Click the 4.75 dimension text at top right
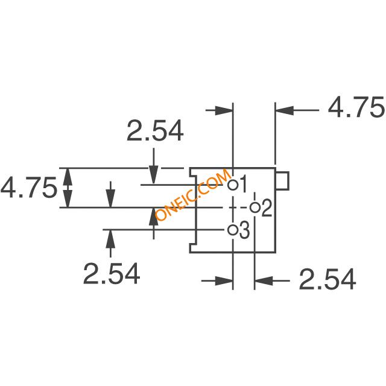[x=356, y=107]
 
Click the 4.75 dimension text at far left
[x=29, y=188]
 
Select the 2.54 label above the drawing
[x=155, y=130]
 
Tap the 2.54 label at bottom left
[x=112, y=273]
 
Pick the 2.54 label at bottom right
[x=327, y=279]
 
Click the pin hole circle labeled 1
[x=233, y=185]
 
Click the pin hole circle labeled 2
[x=255, y=207]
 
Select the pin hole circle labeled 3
[x=233, y=230]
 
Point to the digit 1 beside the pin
[x=242, y=184]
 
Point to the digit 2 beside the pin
[x=267, y=208]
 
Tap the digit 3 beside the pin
[x=244, y=230]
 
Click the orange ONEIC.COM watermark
[x=193, y=194]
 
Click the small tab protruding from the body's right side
[x=282, y=181]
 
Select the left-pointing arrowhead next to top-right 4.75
[x=285, y=110]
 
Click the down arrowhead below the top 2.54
[x=154, y=175]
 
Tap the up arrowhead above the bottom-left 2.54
[x=110, y=239]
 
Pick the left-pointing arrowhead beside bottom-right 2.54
[x=264, y=280]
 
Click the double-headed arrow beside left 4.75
[x=68, y=188]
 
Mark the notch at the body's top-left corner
[x=192, y=172]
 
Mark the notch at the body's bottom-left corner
[x=192, y=248]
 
